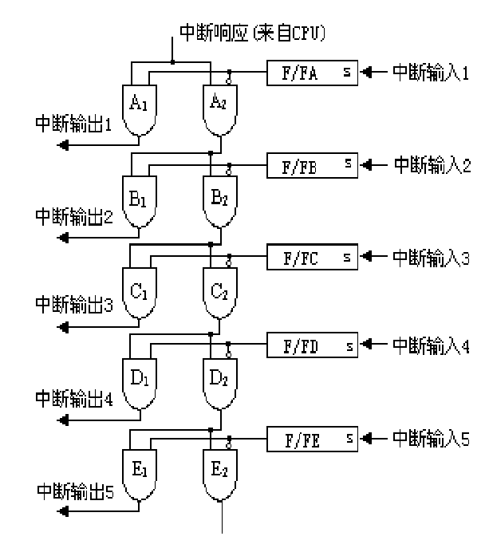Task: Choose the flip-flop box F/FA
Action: coord(311,74)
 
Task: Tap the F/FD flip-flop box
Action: coord(311,347)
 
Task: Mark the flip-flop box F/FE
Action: coord(311,438)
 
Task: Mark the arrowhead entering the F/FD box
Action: coord(365,347)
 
